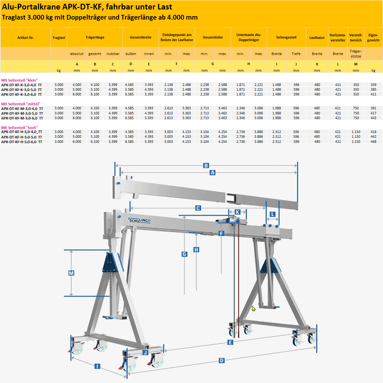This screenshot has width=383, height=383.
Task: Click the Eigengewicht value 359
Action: pos(373,85)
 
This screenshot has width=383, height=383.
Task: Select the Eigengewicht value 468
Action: pos(373,142)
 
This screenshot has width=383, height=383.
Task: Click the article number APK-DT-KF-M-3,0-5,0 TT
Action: pos(22,113)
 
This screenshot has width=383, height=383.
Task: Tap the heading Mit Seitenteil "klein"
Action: pos(20,80)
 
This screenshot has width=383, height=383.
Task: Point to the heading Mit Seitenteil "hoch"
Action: pos(20,128)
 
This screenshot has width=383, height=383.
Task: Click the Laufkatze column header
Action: pos(317,38)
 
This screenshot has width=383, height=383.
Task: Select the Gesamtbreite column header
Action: pos(140,37)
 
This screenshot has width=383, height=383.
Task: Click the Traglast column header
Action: pos(59,38)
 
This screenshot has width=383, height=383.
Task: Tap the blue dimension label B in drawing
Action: pos(206,166)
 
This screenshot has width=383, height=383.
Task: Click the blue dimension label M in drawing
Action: pos(71,273)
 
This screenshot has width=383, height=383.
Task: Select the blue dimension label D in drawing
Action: pos(222,361)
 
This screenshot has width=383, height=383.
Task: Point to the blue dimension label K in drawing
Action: pos(238,212)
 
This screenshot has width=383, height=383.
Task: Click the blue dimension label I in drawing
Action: pos(97,366)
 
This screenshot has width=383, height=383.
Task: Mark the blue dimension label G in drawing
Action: pos(185,254)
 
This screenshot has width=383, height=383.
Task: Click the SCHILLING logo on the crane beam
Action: pos(139,220)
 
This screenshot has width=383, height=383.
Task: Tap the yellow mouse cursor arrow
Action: pos(253,308)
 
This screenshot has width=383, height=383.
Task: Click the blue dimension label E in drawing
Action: pos(230,343)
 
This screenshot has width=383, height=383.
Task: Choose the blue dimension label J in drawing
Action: pos(145,353)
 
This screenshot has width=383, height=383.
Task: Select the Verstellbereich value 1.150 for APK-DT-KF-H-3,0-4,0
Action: pos(356,132)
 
